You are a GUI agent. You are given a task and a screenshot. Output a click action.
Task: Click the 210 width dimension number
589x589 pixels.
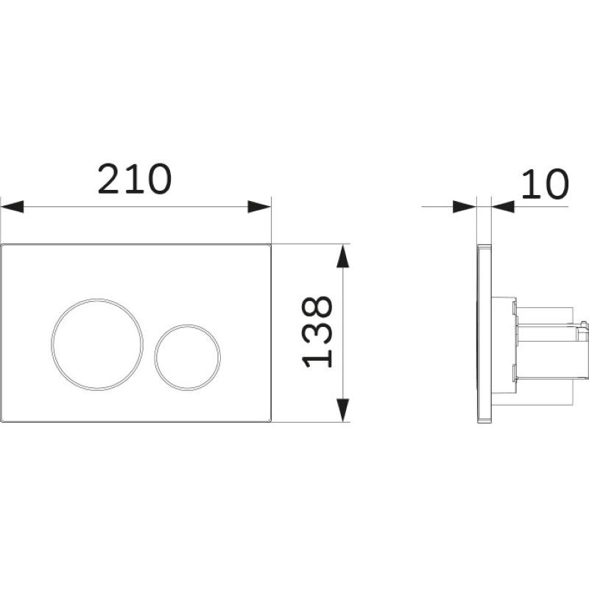[x=135, y=179]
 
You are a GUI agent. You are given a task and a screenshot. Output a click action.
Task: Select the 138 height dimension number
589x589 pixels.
[x=317, y=331]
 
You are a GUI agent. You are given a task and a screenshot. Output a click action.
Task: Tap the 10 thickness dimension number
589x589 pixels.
[x=545, y=184]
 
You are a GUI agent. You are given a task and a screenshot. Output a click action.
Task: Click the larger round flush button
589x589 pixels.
[x=97, y=345]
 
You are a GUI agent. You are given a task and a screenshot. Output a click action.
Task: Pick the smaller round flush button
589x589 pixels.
[x=188, y=357]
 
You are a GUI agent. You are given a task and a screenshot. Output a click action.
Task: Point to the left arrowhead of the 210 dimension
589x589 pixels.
[x=13, y=207]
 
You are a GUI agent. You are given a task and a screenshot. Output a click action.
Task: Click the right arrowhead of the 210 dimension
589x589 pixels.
[x=259, y=207]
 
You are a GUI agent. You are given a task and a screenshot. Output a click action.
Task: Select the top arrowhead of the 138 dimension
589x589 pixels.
[x=343, y=255]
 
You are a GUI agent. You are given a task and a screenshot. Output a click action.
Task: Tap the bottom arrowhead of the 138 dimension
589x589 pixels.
[x=343, y=410]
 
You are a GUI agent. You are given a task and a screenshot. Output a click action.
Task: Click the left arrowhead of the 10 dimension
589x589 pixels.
[x=465, y=207]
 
